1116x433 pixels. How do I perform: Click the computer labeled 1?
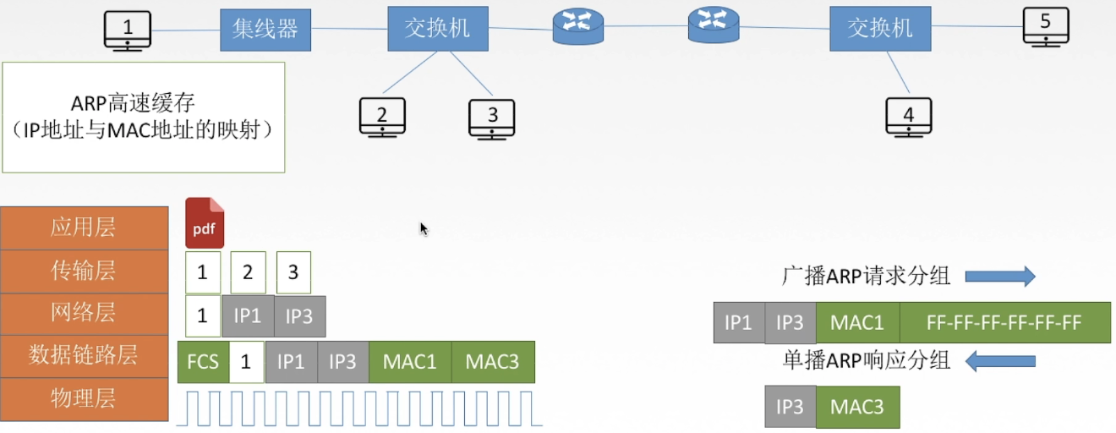[127, 30]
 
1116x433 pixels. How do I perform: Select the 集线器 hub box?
[265, 30]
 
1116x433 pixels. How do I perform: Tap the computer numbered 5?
[1045, 26]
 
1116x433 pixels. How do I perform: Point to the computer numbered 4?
[908, 117]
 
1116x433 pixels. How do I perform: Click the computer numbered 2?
[382, 118]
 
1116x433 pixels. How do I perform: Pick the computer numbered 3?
[492, 118]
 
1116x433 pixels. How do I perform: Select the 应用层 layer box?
[84, 227]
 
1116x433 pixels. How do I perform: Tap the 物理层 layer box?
[84, 399]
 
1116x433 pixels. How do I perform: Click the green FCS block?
[203, 362]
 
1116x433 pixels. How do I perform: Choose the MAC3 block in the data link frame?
[493, 362]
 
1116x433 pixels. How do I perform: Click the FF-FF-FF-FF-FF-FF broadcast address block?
[1004, 322]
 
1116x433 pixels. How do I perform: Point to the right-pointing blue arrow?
[1000, 276]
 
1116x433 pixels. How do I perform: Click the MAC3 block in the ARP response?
[857, 407]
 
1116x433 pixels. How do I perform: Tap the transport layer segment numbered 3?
[293, 272]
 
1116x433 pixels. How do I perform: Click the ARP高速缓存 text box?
[144, 117]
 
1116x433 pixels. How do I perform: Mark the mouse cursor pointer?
[424, 228]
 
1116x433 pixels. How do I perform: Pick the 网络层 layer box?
[84, 314]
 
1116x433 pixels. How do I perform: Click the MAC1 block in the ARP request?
[857, 322]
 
